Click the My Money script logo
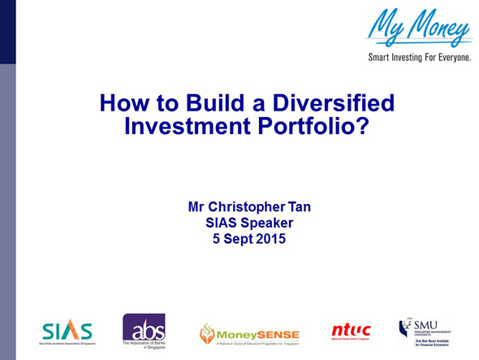pyautogui.click(x=419, y=27)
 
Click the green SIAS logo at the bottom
pyautogui.click(x=67, y=332)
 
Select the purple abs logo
pyautogui.click(x=144, y=328)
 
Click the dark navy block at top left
pyautogui.click(x=7, y=32)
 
